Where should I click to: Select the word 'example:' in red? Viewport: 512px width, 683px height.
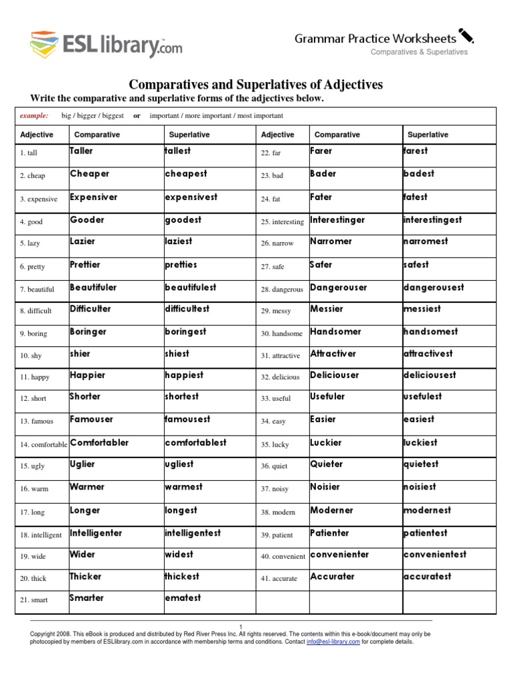pos(33,115)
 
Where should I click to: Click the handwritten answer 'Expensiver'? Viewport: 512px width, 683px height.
pos(93,197)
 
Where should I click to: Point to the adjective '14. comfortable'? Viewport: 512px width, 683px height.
pos(43,444)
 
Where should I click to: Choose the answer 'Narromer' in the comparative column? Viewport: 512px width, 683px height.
pos(331,241)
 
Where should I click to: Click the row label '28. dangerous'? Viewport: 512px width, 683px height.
pos(282,290)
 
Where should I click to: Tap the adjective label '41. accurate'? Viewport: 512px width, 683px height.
pos(279,578)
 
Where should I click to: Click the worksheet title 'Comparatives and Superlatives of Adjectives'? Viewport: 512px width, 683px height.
pos(255,84)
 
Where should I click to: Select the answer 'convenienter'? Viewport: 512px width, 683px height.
pos(339,555)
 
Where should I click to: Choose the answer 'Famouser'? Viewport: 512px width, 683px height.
pos(91,420)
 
